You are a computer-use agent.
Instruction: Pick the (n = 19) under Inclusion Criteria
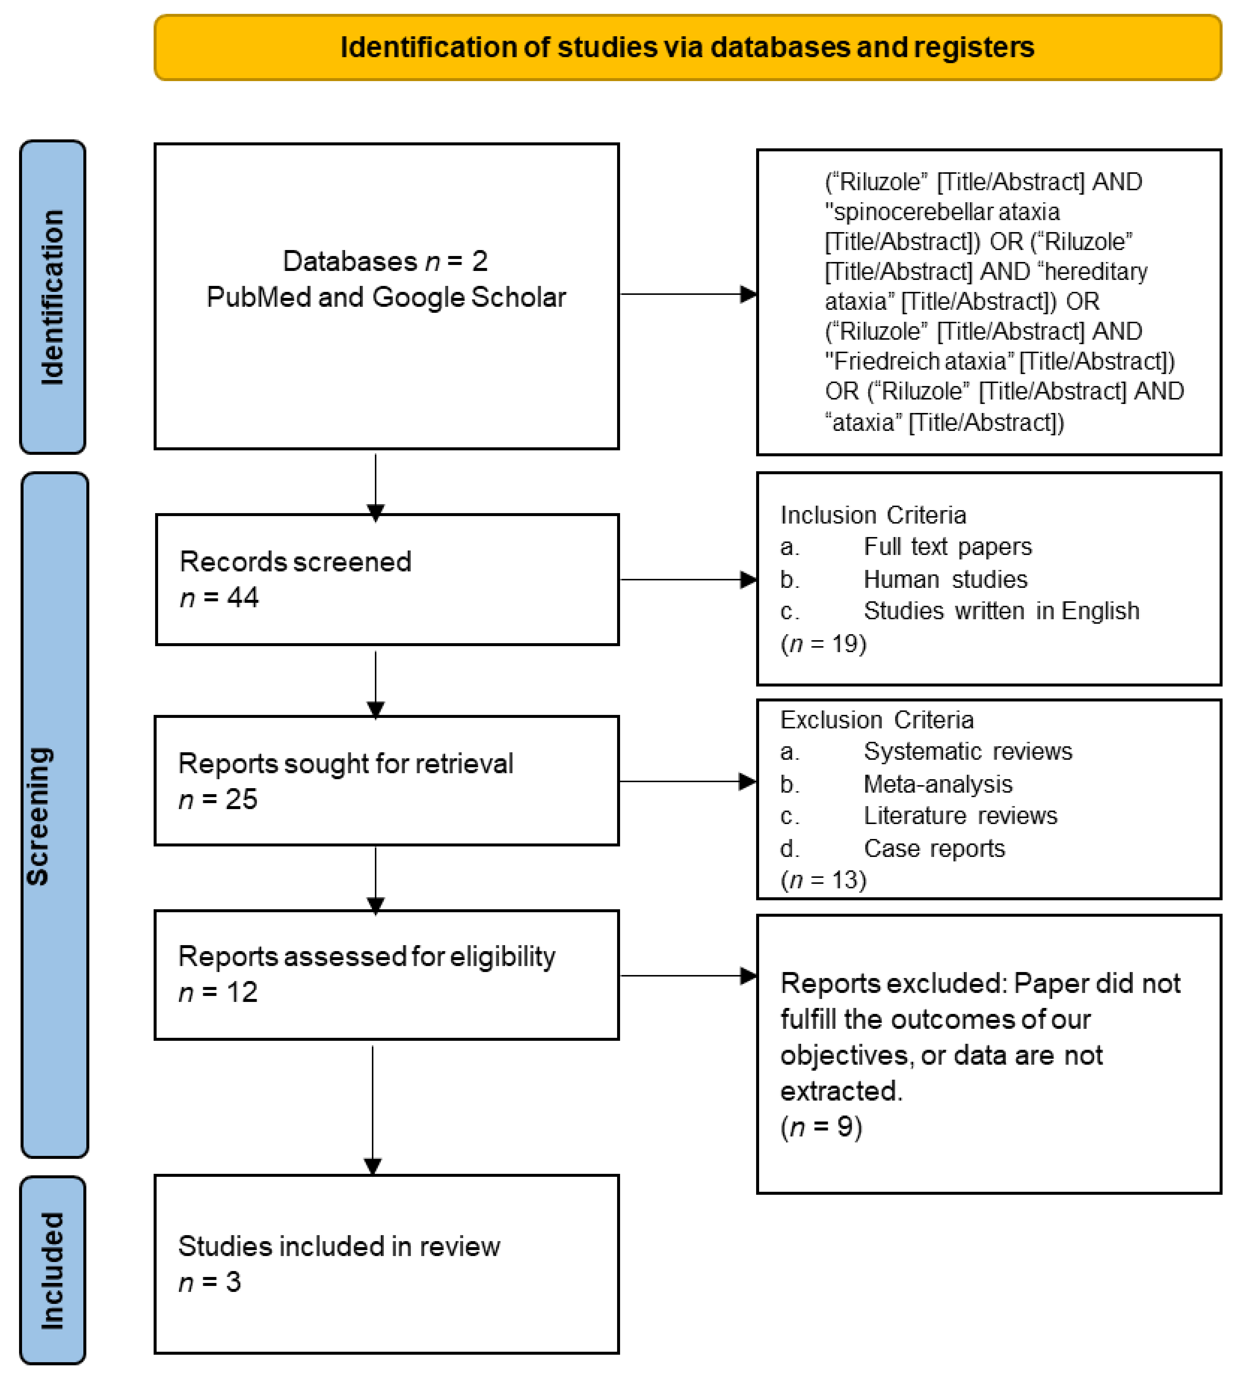[x=823, y=644]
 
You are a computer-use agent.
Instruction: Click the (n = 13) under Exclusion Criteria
[x=823, y=880]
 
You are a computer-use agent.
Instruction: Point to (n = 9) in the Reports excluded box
[x=821, y=1127]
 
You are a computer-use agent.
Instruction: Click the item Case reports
[x=934, y=848]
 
